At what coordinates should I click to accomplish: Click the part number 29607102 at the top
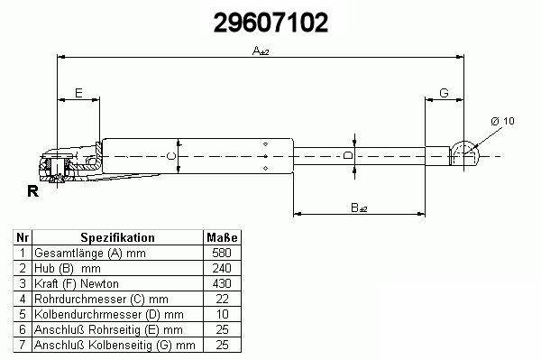tap(270, 23)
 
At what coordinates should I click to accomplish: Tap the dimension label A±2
tap(261, 51)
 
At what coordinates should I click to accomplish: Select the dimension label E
tap(78, 93)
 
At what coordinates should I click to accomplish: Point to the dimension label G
tap(444, 93)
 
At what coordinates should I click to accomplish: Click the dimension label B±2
tap(359, 208)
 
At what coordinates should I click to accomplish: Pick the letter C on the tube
tap(171, 156)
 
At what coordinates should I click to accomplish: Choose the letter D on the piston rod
tap(349, 155)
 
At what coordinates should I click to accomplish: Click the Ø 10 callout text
tap(502, 121)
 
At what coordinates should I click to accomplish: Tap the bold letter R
tap(32, 191)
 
